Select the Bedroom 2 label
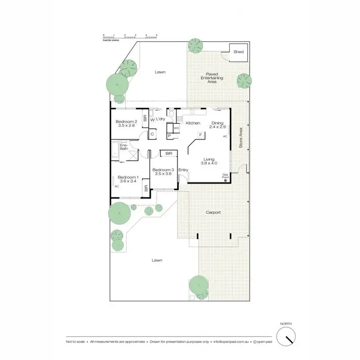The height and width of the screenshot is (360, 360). point(127,122)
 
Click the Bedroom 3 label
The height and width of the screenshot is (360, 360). point(162,169)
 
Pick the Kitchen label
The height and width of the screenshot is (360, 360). point(193,123)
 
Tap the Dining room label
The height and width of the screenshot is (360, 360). point(218,123)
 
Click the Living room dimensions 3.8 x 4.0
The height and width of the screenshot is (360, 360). point(209,164)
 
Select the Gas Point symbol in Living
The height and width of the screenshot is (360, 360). point(225,181)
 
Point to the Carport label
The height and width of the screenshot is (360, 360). point(213,212)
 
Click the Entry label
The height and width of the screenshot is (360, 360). point(183,170)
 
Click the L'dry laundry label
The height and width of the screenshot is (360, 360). point(160,120)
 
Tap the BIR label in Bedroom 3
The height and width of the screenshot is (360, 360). point(168,154)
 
